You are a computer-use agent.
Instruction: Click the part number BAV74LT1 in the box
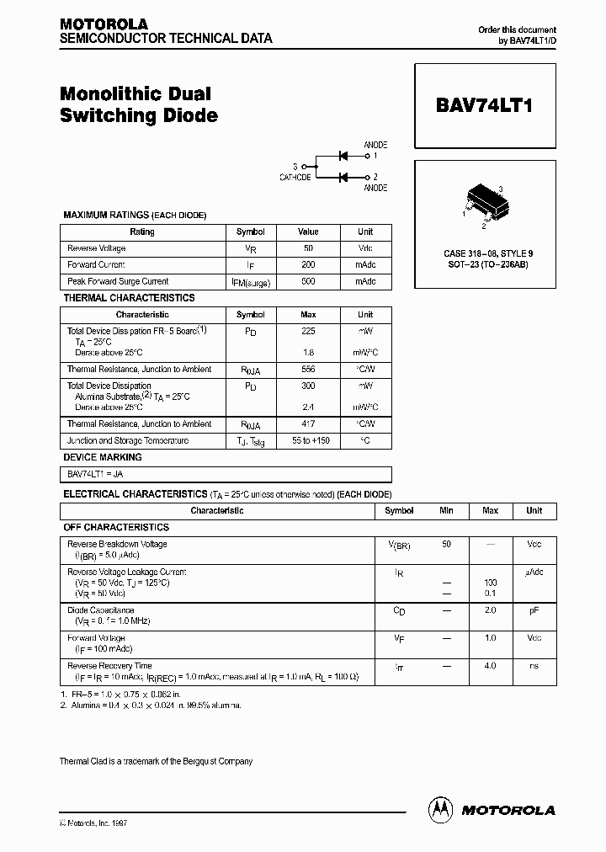coord(484,107)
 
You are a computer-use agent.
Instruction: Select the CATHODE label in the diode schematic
coord(295,178)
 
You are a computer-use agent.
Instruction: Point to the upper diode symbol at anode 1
coord(343,156)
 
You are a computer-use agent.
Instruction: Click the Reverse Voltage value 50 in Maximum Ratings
coord(308,248)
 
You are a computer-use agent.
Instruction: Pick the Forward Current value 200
coord(308,265)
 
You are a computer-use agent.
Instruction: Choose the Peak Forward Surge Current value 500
coord(308,281)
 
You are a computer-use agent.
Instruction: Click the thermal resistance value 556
coord(308,370)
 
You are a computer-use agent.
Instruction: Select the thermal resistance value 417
coord(308,424)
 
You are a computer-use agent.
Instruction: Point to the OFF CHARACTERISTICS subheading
coord(116,527)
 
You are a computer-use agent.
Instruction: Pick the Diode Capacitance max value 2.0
coord(490,610)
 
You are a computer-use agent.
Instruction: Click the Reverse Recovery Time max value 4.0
coord(490,666)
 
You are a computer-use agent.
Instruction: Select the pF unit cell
coord(534,610)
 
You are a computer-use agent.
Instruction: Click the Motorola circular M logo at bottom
coord(439,809)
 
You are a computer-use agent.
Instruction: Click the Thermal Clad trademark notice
coord(156,761)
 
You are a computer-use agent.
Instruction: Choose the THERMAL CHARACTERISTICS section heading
coord(129,298)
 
